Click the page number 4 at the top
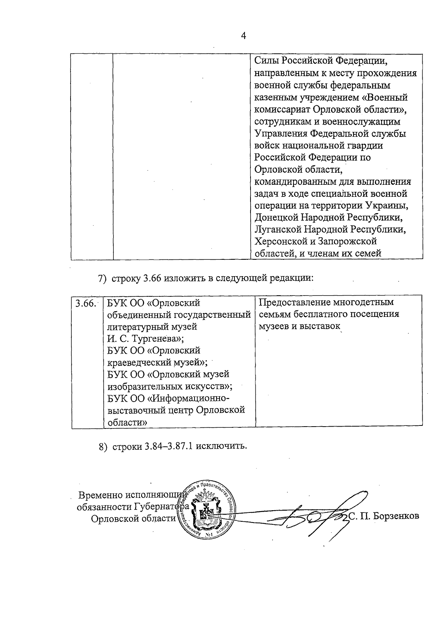[244, 36]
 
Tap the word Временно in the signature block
[100, 495]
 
